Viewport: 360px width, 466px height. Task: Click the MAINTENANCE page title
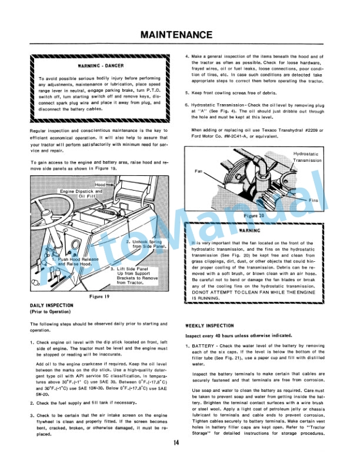tap(180, 35)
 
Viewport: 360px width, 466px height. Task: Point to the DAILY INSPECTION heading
tap(52, 306)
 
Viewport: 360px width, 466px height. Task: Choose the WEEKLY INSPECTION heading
tap(211, 325)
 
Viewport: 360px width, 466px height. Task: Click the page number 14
tap(176, 443)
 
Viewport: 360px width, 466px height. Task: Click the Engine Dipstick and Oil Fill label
tap(82, 194)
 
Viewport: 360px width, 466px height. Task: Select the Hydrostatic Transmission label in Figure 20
tap(307, 157)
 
